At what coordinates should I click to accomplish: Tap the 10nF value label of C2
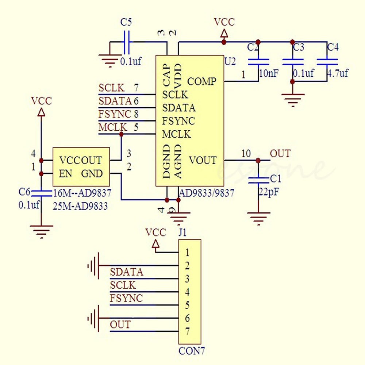point(269,73)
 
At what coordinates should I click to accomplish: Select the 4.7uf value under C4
point(338,73)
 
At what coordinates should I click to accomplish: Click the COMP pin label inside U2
point(201,81)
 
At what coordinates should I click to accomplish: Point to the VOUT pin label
point(203,160)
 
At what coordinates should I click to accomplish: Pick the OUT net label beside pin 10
point(280,154)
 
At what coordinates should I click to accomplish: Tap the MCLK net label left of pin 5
point(113,128)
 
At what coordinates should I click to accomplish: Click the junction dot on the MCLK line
point(121,134)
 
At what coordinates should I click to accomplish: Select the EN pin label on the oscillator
point(66,174)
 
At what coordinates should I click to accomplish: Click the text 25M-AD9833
point(80,206)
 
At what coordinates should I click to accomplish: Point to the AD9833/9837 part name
point(206,193)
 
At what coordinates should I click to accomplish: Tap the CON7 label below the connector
point(192,351)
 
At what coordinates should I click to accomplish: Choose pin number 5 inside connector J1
point(187,305)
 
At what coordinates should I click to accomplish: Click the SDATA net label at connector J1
point(127,272)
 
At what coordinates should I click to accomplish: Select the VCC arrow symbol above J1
point(155,244)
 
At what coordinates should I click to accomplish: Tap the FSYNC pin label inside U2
point(178,121)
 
